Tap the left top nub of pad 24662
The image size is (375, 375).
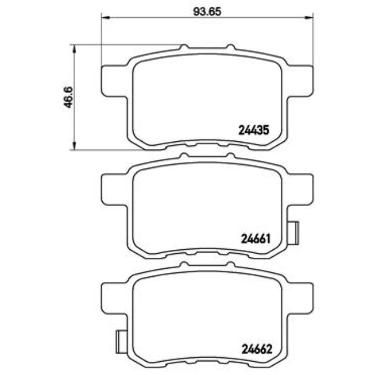(183, 265)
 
